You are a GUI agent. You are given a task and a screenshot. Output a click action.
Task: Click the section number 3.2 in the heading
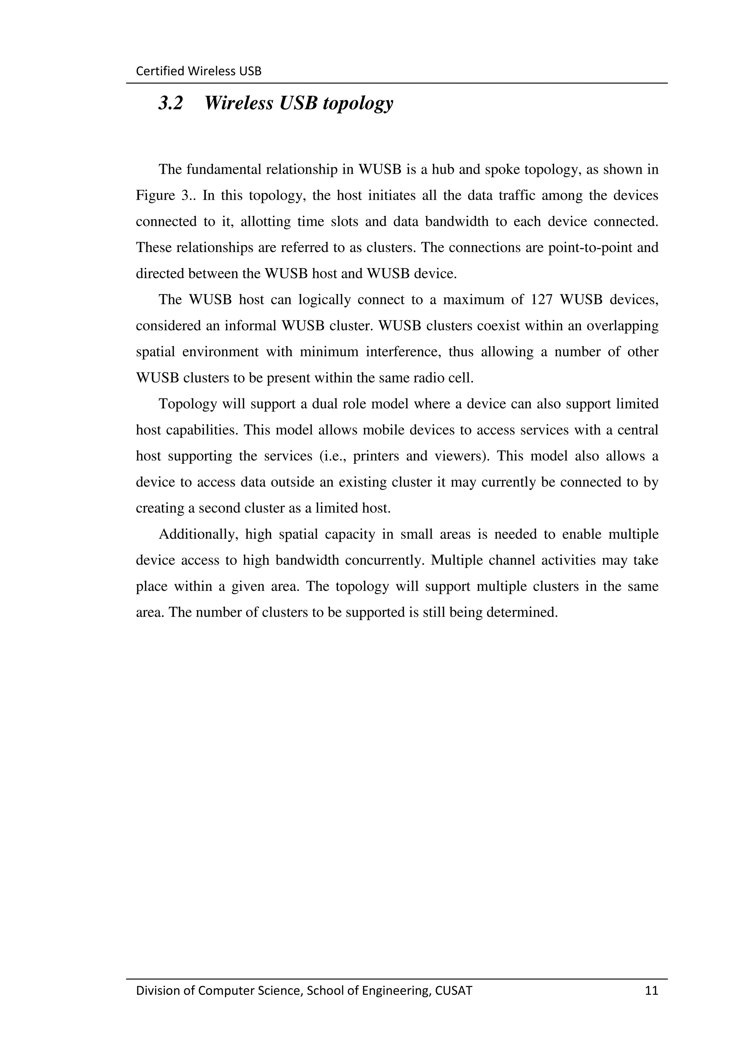(171, 103)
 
